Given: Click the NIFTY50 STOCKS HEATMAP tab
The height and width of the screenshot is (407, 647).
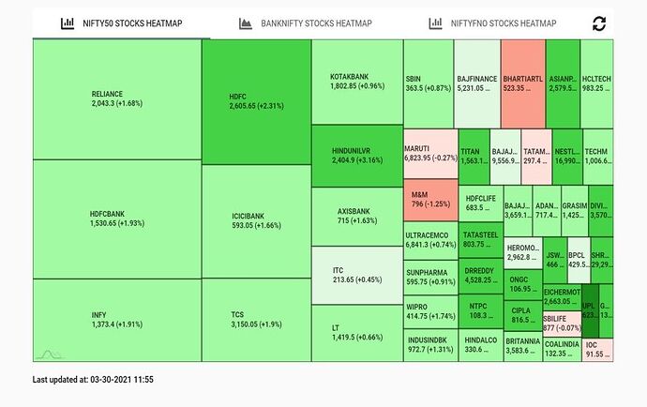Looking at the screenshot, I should (122, 23).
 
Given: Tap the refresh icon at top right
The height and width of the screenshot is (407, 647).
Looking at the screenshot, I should (598, 23).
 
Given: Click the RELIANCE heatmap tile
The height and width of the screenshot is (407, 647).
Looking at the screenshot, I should (116, 98).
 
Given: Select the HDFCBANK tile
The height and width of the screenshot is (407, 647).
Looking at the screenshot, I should (116, 219).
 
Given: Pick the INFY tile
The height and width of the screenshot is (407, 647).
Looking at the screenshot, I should (116, 319).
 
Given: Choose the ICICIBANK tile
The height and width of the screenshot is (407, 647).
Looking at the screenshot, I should (256, 219).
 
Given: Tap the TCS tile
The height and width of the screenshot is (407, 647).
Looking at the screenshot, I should (256, 319).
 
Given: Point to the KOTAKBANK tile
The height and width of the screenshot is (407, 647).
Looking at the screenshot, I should (357, 81).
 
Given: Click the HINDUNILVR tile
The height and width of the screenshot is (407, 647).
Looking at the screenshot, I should (357, 155).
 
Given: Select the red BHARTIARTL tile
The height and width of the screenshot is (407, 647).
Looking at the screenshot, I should (523, 83).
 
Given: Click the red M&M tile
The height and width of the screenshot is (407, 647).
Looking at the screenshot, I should (429, 198).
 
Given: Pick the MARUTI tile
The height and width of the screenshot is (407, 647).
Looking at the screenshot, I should (429, 154).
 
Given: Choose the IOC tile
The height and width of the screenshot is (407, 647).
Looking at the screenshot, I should (597, 350).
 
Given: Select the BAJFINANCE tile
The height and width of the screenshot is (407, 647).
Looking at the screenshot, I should (477, 83).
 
